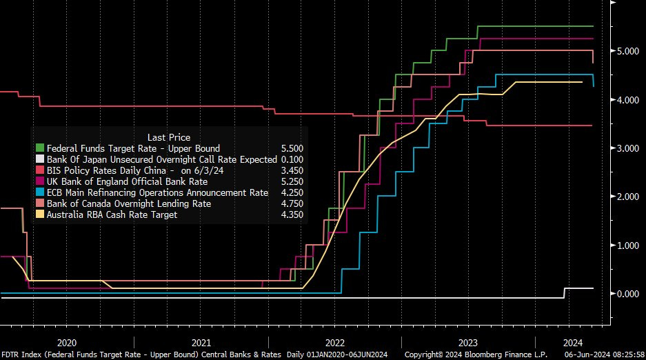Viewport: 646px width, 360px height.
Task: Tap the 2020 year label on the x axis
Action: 67,342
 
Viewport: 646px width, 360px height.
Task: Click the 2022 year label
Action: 335,342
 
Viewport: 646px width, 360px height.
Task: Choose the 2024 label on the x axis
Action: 572,342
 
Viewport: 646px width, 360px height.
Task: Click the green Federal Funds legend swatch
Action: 39,148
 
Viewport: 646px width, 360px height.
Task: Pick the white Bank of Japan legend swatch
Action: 39,159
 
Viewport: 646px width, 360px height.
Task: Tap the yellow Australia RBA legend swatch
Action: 39,214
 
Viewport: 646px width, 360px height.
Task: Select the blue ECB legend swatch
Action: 39,192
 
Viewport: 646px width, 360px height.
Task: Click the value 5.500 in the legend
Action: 292,148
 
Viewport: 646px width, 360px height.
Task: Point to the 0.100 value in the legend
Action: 292,159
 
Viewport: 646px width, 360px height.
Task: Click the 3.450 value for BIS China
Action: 292,170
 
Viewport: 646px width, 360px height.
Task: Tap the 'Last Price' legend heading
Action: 169,137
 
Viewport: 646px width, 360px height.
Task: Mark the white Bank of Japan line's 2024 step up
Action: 565,293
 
